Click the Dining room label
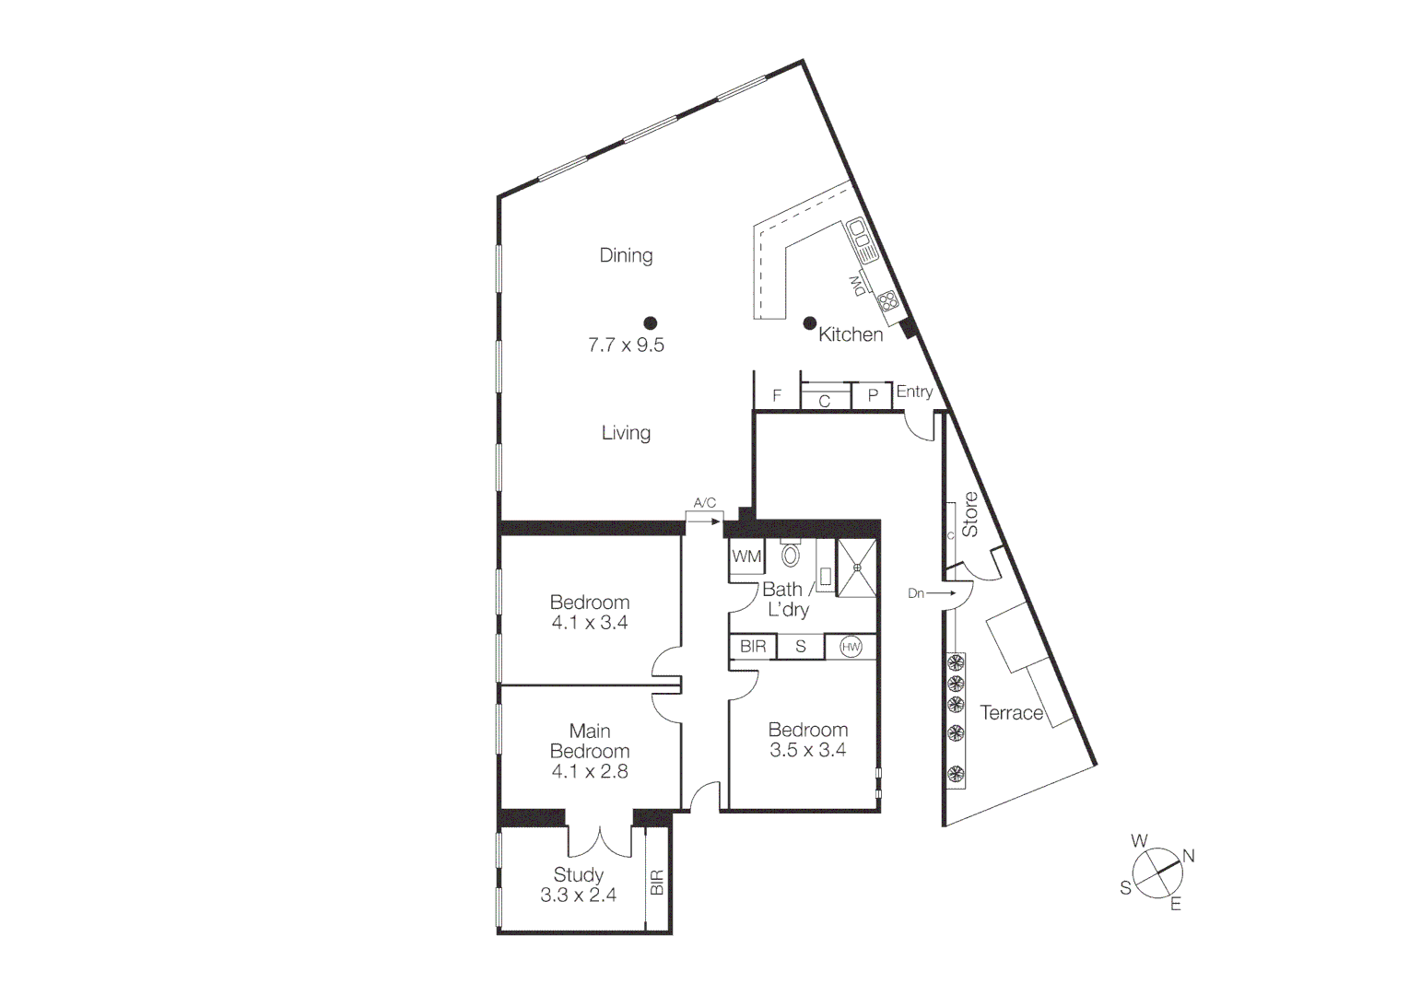coord(626,255)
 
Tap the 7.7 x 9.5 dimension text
coord(626,345)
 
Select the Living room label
coord(626,432)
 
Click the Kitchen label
coord(851,334)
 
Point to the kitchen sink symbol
coord(862,238)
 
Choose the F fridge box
coord(777,395)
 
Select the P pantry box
coord(873,396)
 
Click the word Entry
coord(914,392)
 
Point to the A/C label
coord(704,503)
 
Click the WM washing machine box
coord(746,556)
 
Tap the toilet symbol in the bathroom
coord(791,555)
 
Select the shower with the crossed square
coord(857,568)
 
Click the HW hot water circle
coord(851,647)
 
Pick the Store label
coord(970,514)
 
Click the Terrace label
coord(1011,712)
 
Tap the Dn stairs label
coord(916,593)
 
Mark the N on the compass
coord(1189,856)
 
